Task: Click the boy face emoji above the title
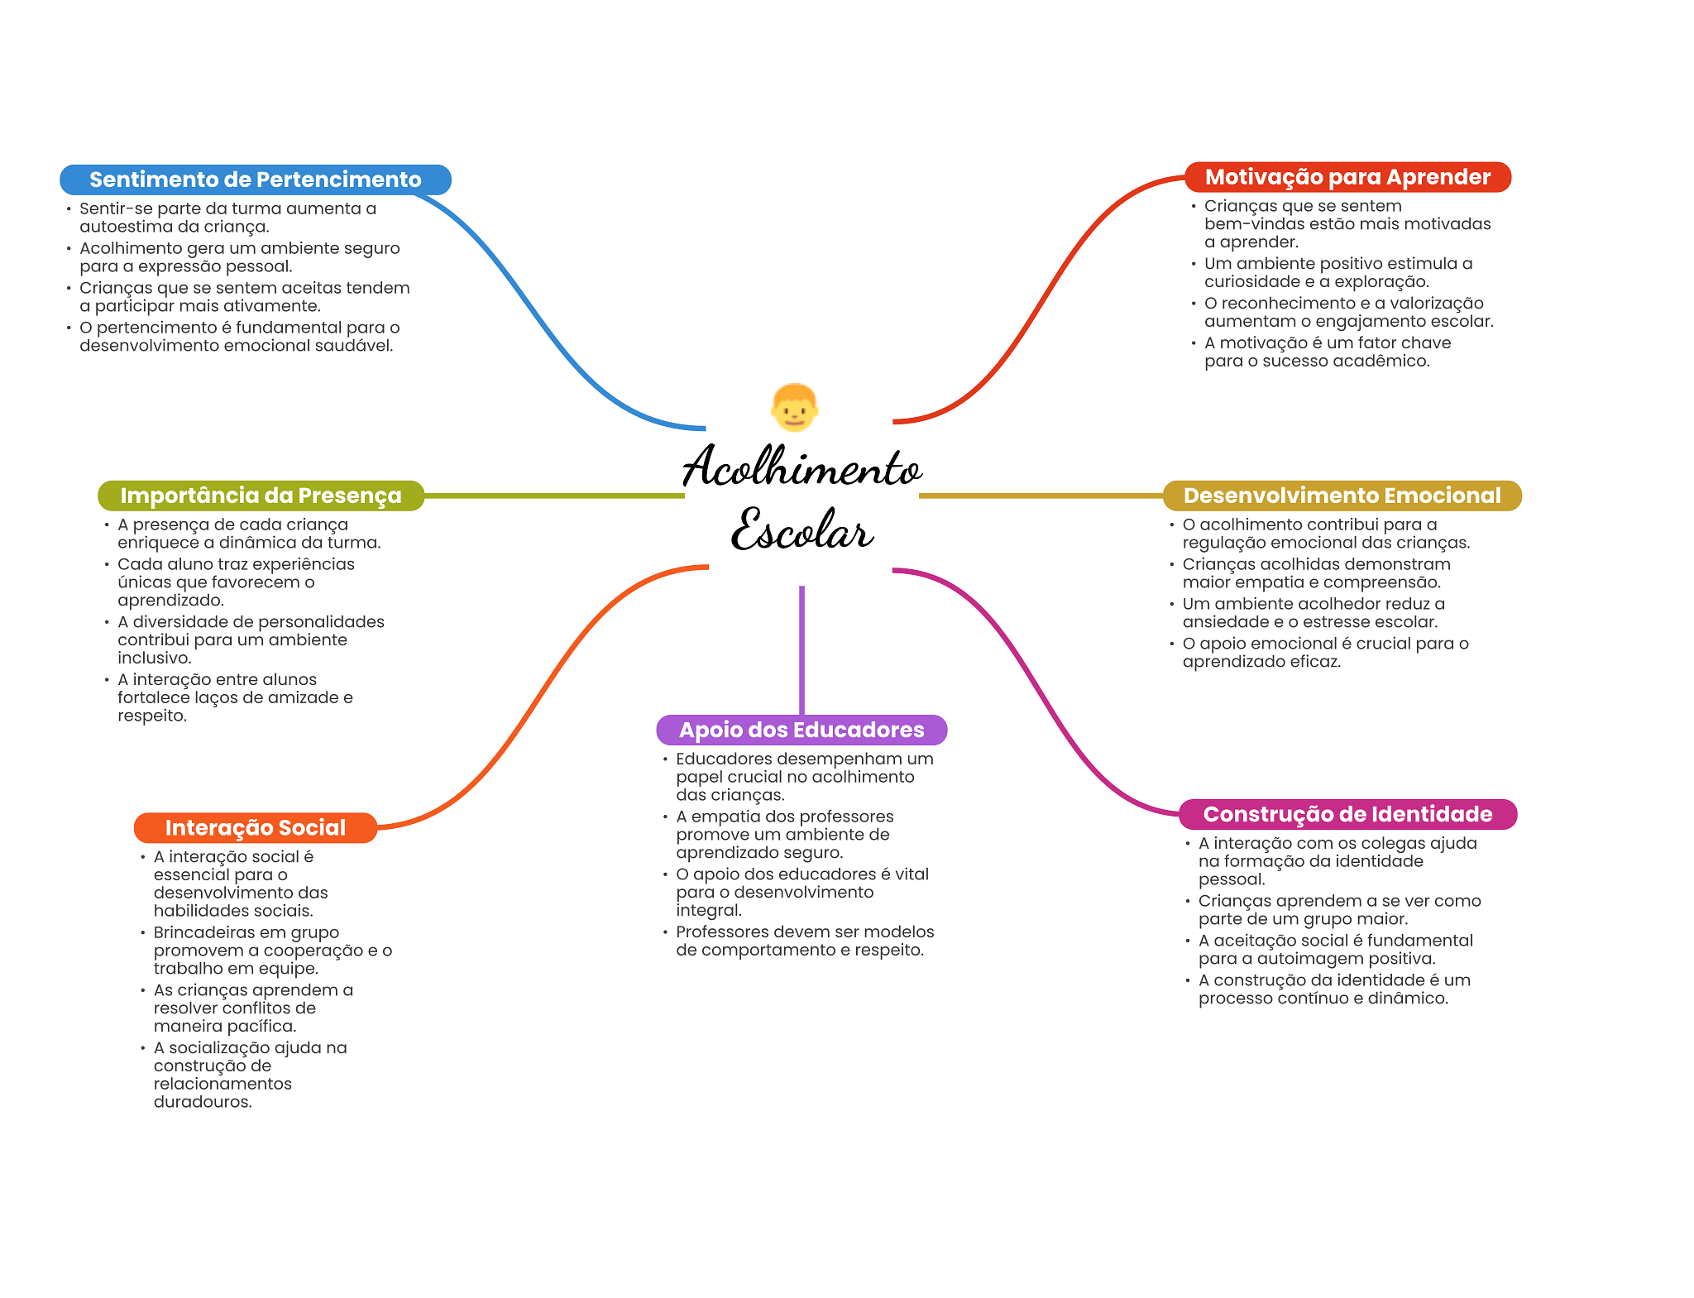[794, 407]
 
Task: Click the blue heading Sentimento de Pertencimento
[255, 180]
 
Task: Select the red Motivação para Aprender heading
[1347, 177]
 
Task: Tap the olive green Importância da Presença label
[261, 496]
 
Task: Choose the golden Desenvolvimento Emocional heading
[1342, 496]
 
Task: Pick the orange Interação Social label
[255, 827]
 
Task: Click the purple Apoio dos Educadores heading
[802, 730]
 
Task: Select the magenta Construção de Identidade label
[1347, 814]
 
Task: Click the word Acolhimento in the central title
[802, 467]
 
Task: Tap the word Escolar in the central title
[802, 531]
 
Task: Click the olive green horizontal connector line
[554, 496]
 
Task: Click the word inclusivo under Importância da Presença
[154, 659]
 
